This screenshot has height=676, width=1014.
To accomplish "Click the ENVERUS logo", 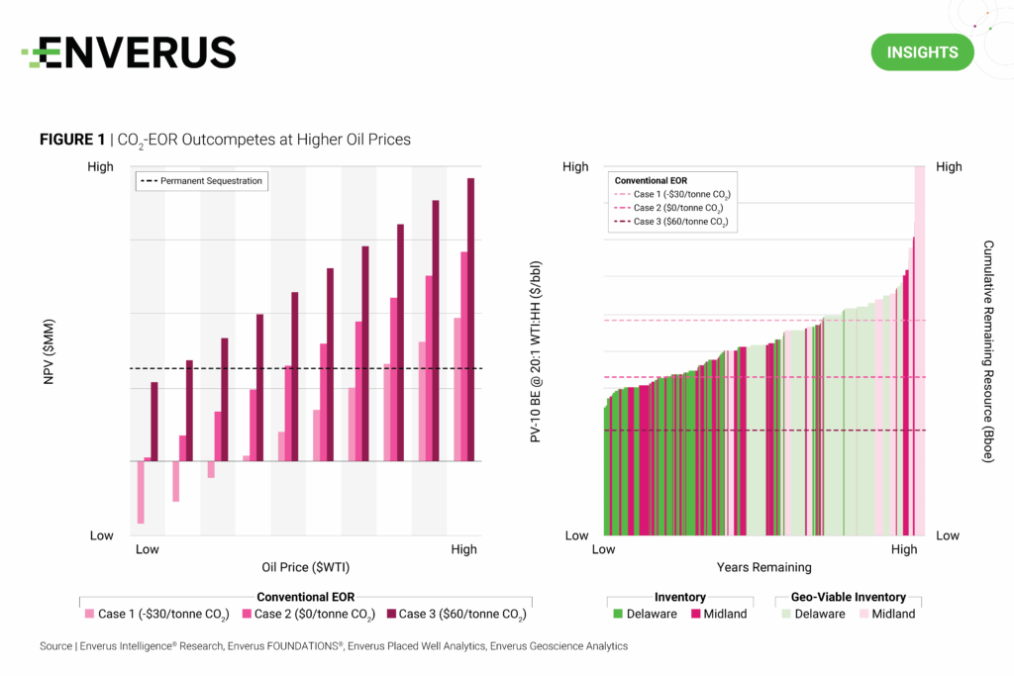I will pyautogui.click(x=129, y=52).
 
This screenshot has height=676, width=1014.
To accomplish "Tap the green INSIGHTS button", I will pyautogui.click(x=922, y=52).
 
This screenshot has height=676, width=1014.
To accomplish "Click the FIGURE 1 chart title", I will pyautogui.click(x=225, y=141).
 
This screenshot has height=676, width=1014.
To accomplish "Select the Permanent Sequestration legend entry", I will pyautogui.click(x=203, y=181).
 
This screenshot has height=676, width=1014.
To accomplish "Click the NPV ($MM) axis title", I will pyautogui.click(x=49, y=351).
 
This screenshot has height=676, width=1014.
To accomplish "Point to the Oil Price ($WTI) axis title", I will pyautogui.click(x=306, y=567).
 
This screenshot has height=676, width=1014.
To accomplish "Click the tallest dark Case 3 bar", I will pyautogui.click(x=471, y=317).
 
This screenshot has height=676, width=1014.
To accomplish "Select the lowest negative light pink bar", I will pyautogui.click(x=141, y=492).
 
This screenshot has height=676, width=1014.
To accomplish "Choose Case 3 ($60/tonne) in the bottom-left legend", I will pyautogui.click(x=455, y=615).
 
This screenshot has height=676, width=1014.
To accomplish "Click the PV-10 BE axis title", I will pyautogui.click(x=536, y=351).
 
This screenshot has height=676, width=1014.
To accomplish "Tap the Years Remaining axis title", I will pyautogui.click(x=763, y=567).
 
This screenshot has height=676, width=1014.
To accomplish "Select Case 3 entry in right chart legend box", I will pyautogui.click(x=673, y=223).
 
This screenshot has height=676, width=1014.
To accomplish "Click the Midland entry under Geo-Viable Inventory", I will pyautogui.click(x=885, y=614).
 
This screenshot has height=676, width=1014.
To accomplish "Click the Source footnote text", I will pyautogui.click(x=333, y=646).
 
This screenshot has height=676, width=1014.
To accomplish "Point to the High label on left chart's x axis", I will pyautogui.click(x=463, y=549).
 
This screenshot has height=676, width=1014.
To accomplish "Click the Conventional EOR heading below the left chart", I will pyautogui.click(x=306, y=597).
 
